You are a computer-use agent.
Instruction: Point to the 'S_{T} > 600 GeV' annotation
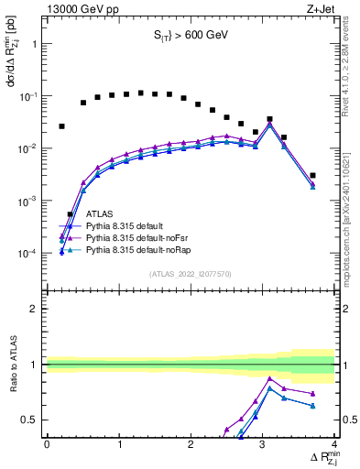click(190, 37)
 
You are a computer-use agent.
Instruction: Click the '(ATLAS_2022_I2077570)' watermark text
click(191, 273)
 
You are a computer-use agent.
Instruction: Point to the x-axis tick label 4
click(334, 444)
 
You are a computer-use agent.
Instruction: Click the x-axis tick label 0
click(47, 444)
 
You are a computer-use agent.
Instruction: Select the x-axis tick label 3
click(263, 444)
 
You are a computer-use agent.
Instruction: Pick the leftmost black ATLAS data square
click(61, 126)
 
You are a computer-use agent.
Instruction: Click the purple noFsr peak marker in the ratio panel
click(269, 378)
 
